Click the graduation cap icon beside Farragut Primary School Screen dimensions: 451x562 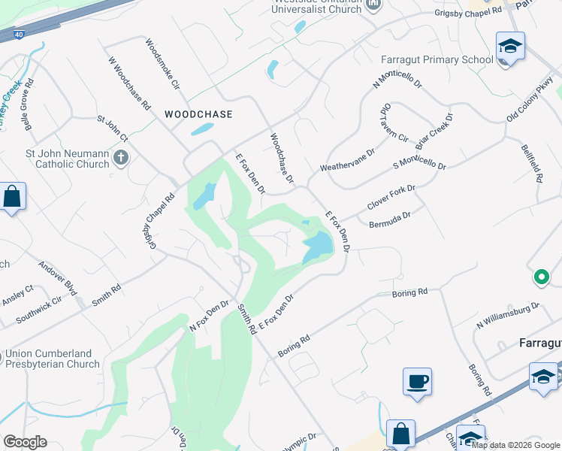510,47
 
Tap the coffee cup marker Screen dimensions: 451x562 417,381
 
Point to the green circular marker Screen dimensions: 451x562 540,278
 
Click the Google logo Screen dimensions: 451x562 25,442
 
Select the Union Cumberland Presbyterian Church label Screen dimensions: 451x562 51,359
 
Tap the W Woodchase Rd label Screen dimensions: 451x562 128,83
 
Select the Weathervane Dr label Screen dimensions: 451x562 346,159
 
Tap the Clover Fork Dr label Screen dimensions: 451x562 391,198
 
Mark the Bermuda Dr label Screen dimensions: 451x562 390,219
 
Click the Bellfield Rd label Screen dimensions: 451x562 531,163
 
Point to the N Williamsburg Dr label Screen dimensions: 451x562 508,316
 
